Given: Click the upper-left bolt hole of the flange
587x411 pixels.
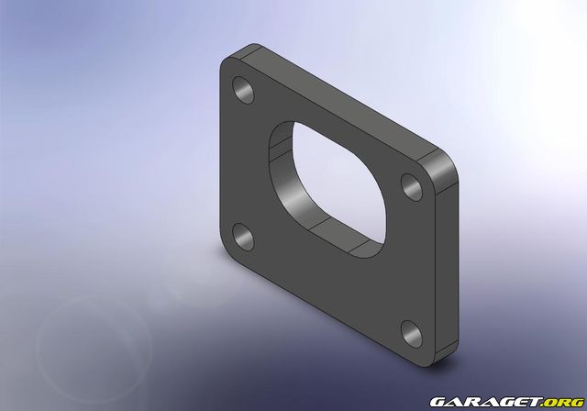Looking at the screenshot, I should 244,90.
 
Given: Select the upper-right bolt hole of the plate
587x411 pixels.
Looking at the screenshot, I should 410,185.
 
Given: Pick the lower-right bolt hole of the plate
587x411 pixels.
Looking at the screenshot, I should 409,333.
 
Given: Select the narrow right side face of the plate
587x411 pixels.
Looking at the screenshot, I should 451,257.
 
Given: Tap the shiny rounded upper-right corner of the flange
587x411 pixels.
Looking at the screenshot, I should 442,167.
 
